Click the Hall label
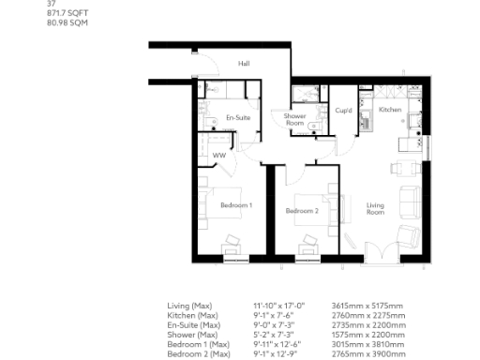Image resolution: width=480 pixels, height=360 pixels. (244, 64)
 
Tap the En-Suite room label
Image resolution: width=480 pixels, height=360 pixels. (237, 118)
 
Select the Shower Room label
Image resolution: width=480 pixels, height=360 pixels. (295, 120)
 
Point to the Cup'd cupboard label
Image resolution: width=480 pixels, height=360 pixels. (343, 111)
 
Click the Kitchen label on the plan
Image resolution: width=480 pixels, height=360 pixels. (390, 110)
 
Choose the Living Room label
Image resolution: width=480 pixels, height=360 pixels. (375, 208)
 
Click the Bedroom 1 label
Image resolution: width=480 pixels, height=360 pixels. (236, 204)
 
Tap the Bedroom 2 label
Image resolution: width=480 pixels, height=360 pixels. (302, 211)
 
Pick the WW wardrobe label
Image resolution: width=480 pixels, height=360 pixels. (218, 155)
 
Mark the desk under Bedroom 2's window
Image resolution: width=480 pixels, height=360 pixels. (307, 248)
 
